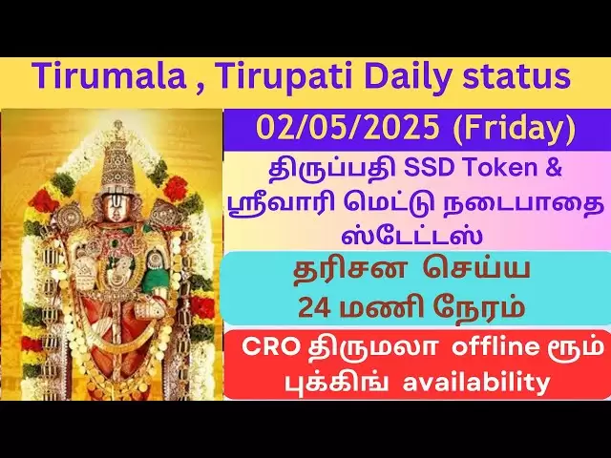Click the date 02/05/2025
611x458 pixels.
348,128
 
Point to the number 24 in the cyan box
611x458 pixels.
316,307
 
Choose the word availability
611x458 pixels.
475,383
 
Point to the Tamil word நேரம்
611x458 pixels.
479,307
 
